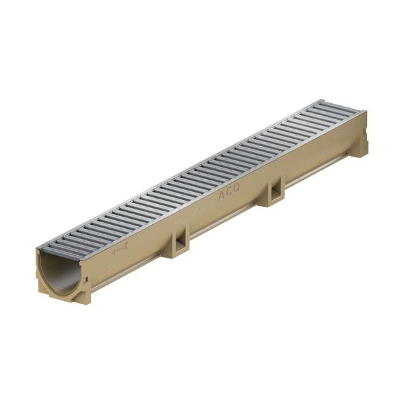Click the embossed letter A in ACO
(222, 197)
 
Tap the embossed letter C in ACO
(229, 192)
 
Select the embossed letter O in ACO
(236, 188)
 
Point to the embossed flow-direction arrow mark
(120, 250)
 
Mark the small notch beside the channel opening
(88, 279)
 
